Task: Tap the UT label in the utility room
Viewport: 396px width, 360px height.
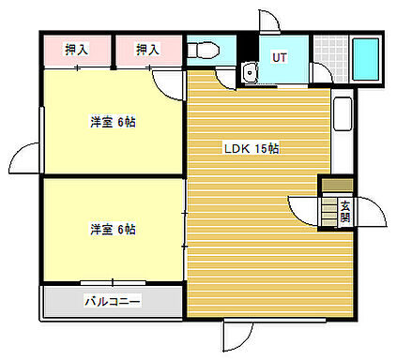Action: (x=279, y=58)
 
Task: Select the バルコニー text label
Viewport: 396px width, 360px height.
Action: (x=113, y=301)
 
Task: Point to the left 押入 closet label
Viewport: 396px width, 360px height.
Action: (x=77, y=49)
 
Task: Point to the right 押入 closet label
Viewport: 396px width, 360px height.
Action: (x=147, y=49)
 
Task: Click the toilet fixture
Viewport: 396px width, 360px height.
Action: (x=201, y=50)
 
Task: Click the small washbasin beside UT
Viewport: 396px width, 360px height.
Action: (x=249, y=74)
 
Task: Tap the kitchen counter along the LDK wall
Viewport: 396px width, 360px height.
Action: (x=342, y=127)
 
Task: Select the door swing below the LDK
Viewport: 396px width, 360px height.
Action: (x=239, y=335)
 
